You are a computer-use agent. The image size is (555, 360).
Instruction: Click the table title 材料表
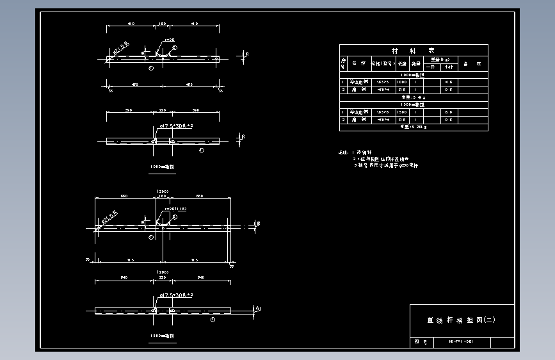pos(413,50)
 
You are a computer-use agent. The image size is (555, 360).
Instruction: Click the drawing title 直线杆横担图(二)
pos(461,320)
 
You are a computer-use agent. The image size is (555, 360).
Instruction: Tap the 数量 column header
pos(416,63)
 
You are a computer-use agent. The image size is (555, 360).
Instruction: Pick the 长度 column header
pos(402,63)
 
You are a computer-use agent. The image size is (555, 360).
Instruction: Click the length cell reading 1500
pos(402,112)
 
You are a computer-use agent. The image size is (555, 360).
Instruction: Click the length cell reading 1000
pos(402,82)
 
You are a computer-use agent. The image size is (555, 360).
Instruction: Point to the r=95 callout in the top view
pos(170,40)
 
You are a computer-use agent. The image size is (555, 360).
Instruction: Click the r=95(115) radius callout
pos(175,209)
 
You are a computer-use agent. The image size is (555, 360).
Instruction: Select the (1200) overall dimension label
pos(163,192)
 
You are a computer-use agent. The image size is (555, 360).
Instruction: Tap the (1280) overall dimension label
pos(163,272)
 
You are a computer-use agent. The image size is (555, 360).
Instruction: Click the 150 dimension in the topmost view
pos(162,24)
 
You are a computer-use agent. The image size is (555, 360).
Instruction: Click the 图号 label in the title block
pos(421,342)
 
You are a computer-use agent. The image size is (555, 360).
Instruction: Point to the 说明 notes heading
pos(344,153)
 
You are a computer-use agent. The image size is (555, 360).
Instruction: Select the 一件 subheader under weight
pos(431,66)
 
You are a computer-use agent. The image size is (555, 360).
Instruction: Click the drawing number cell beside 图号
pos(460,342)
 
